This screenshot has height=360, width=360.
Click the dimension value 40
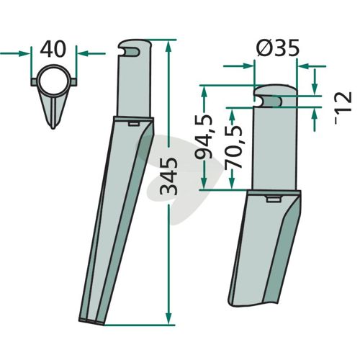53,49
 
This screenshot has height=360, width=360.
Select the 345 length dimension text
168,176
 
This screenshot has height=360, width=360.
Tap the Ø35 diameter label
278,48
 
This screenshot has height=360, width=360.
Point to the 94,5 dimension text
204,137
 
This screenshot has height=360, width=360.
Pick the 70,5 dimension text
233,147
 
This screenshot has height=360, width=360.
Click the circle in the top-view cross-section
53,81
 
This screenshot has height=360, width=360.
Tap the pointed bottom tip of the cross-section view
53,128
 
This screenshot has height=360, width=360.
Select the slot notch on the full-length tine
130,52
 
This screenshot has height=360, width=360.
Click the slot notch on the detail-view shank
268,102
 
